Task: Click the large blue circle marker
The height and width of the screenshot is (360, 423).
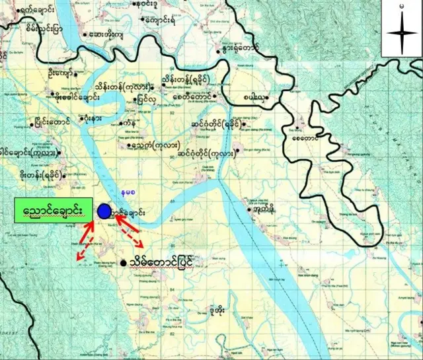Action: coord(104,211)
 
